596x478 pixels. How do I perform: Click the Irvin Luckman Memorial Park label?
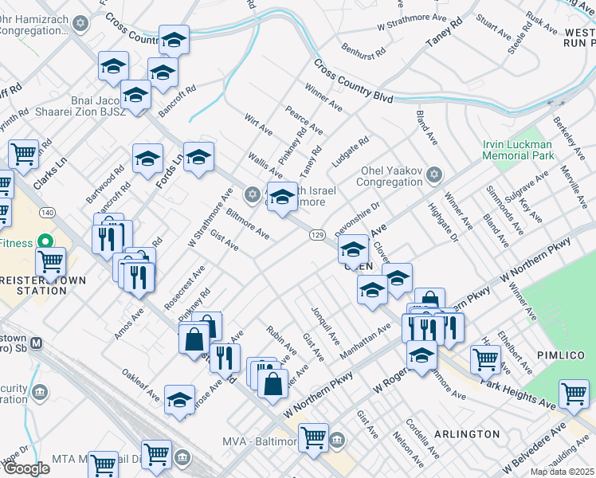(x=517, y=150)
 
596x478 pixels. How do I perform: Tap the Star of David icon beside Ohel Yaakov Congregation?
(x=434, y=174)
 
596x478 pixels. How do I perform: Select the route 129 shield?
(x=317, y=234)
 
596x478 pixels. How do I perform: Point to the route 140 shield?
(x=49, y=213)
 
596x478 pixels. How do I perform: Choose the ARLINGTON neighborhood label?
(x=467, y=434)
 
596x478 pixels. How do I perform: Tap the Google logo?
(x=26, y=468)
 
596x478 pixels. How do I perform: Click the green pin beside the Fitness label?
(x=45, y=241)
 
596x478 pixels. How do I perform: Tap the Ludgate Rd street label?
(x=351, y=151)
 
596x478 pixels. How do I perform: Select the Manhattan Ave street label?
(x=367, y=339)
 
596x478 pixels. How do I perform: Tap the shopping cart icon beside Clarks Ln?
(x=24, y=152)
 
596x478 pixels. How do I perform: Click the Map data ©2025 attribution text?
(x=562, y=472)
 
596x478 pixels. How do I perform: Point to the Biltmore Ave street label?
(x=248, y=226)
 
